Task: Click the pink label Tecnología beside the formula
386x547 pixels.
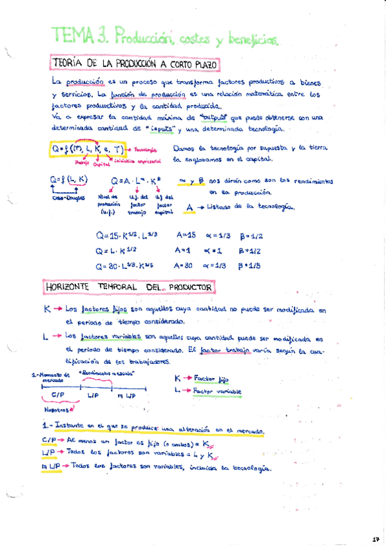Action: pos(147,150)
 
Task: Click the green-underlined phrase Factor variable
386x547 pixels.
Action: pos(217,392)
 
